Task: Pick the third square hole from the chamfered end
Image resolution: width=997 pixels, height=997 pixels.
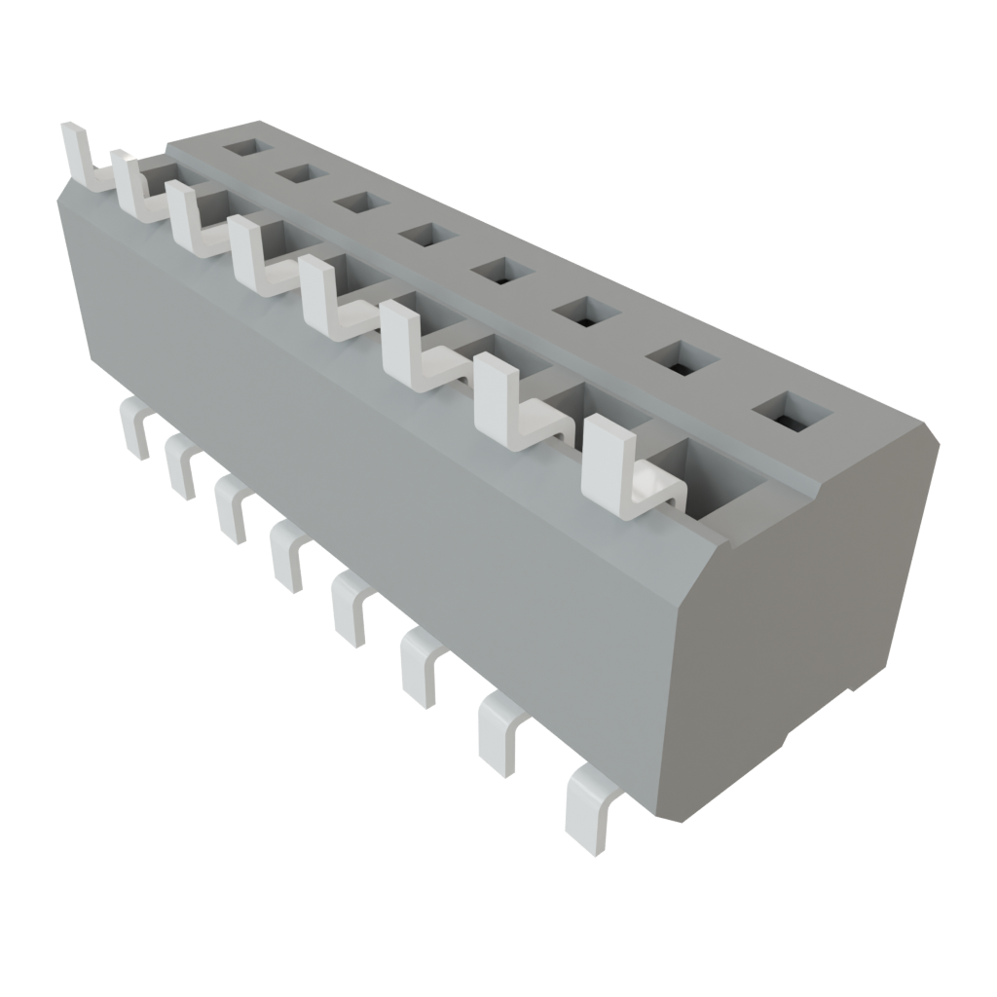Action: coord(587,313)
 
